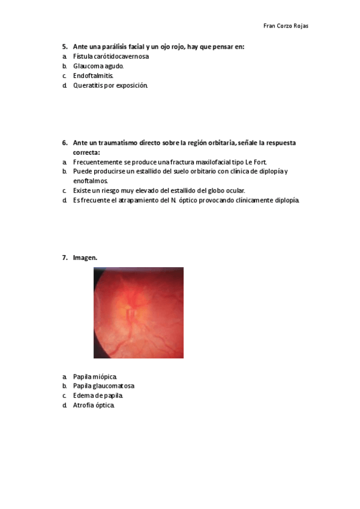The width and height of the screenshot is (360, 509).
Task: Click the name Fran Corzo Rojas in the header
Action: point(286,26)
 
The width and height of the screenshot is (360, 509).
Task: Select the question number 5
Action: point(64,47)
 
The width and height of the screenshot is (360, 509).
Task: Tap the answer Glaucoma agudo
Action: point(98,66)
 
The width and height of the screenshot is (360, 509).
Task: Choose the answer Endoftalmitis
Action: point(93,76)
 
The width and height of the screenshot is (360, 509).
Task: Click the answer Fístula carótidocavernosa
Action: point(111,56)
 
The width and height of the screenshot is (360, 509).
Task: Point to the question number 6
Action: point(64,143)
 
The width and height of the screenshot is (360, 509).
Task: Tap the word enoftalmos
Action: point(91,181)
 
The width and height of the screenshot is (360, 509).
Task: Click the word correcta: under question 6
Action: point(86,152)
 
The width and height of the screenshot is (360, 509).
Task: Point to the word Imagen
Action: point(85,258)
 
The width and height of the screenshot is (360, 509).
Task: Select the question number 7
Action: point(64,258)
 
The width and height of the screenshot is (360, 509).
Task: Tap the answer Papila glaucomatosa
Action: point(103,386)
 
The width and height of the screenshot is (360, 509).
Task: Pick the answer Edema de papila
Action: point(98,396)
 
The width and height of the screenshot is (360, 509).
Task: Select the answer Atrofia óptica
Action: point(93,405)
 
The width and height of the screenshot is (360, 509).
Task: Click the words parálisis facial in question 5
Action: point(122,47)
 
